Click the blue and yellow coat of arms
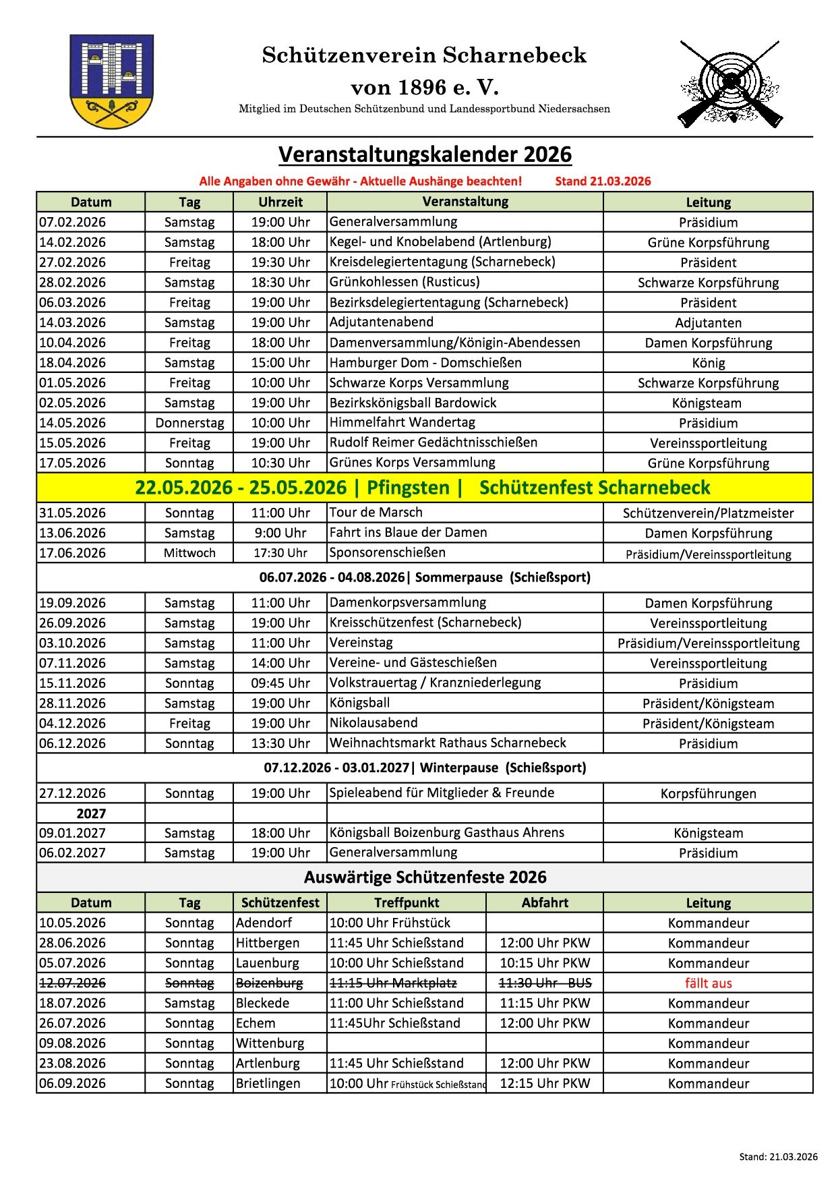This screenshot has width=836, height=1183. point(111,82)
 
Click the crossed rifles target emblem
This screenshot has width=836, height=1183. point(730,84)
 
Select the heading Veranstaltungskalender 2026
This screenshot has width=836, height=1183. point(425,154)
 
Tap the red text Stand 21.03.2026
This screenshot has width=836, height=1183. point(603,181)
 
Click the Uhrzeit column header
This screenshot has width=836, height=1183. point(280,202)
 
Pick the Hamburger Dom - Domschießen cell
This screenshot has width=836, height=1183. point(425,363)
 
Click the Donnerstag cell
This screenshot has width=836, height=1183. point(189,423)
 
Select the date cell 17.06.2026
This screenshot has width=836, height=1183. point(73,553)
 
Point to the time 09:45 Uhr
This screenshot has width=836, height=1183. point(280,683)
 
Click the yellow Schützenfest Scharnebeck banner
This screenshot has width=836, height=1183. point(425,488)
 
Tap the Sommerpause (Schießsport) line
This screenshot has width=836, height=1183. point(425,577)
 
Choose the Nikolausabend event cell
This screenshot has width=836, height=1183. point(374,723)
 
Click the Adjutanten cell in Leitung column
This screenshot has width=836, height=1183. point(708,323)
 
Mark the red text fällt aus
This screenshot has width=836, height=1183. point(708,983)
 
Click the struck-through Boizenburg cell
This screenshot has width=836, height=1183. point(269,983)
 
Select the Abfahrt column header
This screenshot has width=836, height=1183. point(545,903)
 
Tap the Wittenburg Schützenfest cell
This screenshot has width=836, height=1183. point(270,1043)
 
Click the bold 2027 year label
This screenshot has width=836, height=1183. point(91,813)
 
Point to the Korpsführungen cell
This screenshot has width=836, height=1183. point(708,794)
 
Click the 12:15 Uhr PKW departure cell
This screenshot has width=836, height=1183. point(545,1083)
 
